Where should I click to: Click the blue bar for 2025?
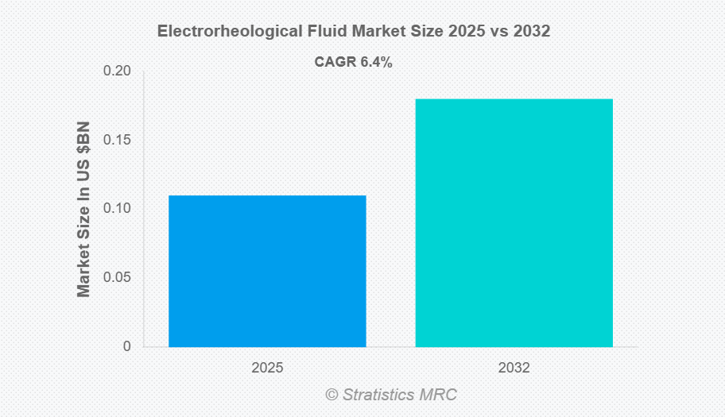[x=267, y=271]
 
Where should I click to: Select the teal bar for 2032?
[x=514, y=223]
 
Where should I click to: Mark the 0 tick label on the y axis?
[x=126, y=347]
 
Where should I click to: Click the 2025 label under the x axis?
[x=267, y=369]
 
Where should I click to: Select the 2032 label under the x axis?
[x=514, y=369]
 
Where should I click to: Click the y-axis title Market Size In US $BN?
[x=83, y=210]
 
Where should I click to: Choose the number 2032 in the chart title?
[x=533, y=32]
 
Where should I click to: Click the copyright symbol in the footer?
[x=331, y=395]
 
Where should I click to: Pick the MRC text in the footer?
[x=442, y=395]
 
